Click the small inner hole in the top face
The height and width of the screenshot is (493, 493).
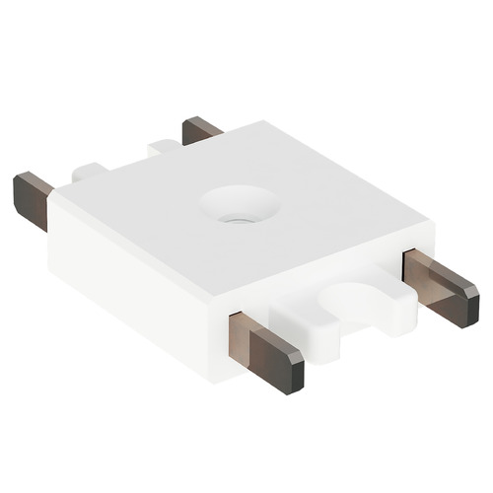tap(235, 211)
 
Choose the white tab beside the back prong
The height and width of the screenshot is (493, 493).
tap(164, 148)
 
